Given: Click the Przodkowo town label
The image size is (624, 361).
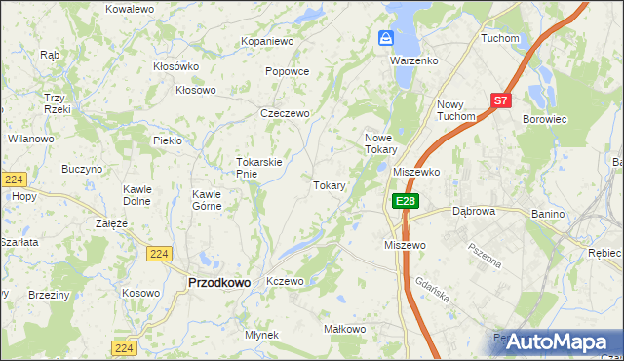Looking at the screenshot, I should pos(217,282).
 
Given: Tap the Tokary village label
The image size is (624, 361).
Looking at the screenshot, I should pos(330,185).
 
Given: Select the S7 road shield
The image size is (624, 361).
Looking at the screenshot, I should pos(500,100).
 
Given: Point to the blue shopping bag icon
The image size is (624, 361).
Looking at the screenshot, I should pos(386,38).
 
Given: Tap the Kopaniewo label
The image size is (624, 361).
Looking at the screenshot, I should pos(268,42).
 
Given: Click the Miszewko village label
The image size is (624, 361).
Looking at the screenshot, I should pos(416,171).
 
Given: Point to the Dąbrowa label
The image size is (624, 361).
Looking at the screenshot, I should pos(475,211).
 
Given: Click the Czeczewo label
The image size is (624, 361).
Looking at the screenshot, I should pos(284,113).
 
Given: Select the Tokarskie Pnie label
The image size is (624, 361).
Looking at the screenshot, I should pos(259,168).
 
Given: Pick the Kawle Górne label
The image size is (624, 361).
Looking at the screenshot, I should pos(207,199).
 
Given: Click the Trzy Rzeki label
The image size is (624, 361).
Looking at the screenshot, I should pos(55,103).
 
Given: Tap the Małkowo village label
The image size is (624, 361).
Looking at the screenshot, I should pos(344,330).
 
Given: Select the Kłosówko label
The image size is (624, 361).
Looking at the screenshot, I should pos(175,66).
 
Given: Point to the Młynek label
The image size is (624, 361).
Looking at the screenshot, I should pos(262,335).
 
